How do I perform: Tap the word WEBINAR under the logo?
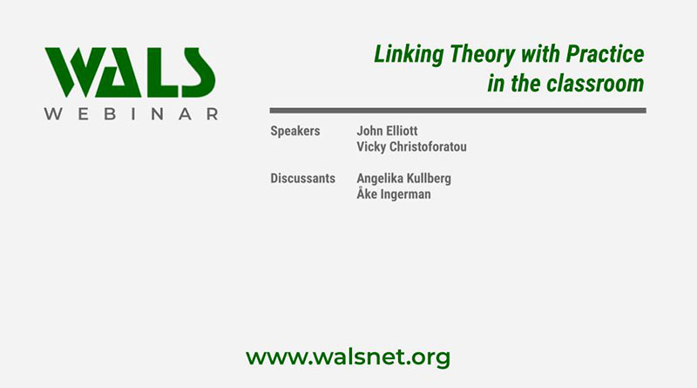pos(131,114)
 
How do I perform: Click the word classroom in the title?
pos(599,85)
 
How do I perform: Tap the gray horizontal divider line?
pos(457,111)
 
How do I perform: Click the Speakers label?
pos(295,132)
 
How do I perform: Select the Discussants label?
pos(302,179)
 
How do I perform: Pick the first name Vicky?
pos(372,147)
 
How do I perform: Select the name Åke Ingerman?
pos(394,194)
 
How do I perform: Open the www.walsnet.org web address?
pos(348,357)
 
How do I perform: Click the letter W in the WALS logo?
pos(74,71)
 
